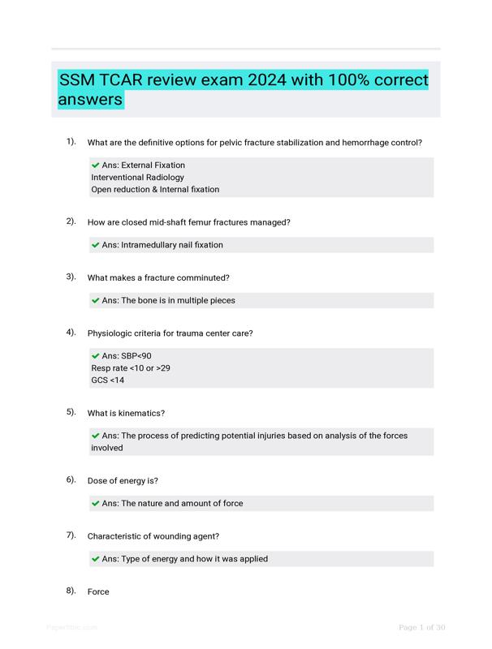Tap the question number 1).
tap(71, 142)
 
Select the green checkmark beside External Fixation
tap(96, 165)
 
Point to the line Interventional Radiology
tap(137, 177)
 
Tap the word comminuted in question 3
tap(203, 277)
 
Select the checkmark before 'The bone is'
tap(96, 300)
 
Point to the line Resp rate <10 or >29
tap(130, 368)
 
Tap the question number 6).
tap(71, 479)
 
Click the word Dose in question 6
tap(98, 480)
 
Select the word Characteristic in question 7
tap(114, 535)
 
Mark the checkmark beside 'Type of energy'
tap(96, 558)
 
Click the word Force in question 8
tap(98, 591)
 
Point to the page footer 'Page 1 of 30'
tap(421, 627)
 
